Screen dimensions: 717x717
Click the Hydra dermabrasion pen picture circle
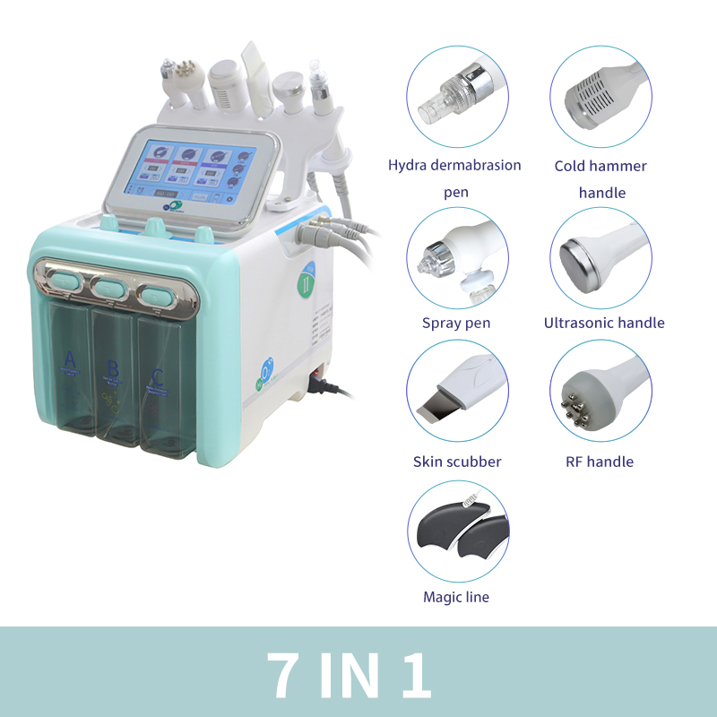click(457, 98)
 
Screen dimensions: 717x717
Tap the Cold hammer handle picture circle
click(600, 98)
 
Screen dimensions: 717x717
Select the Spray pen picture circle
click(457, 259)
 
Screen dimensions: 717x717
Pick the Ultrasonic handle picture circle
click(600, 259)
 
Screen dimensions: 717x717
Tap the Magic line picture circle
click(457, 532)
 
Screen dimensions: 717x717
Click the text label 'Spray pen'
click(456, 323)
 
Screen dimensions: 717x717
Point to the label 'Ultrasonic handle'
click(604, 323)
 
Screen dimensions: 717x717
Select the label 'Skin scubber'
click(457, 462)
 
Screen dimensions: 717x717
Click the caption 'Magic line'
click(456, 597)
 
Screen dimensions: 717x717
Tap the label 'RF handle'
click(600, 462)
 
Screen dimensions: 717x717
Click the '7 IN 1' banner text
click(350, 672)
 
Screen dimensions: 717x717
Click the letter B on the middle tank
click(113, 368)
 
